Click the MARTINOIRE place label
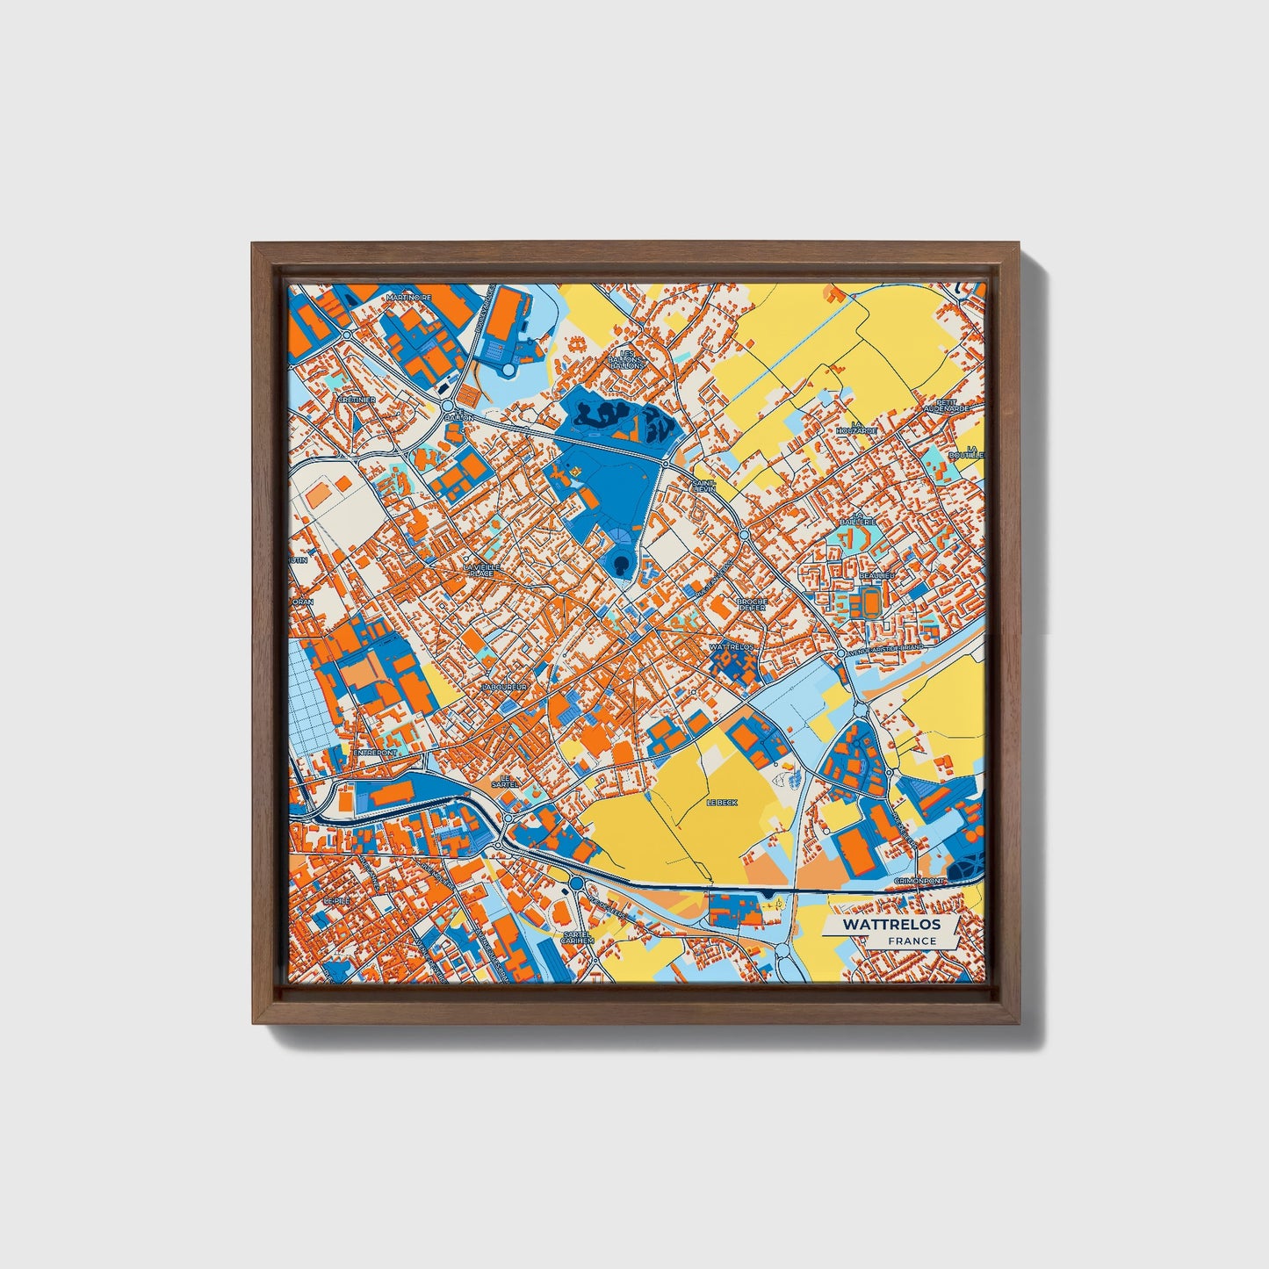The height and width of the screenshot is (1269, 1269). pos(409,298)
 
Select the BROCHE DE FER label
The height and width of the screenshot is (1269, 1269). pos(753,604)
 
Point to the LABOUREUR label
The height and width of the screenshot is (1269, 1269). pos(504,687)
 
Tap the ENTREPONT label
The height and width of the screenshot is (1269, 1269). pos(375,753)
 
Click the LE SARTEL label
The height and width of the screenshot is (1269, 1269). pos(504,780)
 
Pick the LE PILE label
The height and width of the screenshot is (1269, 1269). pos(336,901)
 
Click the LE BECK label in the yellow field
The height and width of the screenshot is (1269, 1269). pos(723,803)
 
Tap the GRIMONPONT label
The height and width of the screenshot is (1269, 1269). pos(919,880)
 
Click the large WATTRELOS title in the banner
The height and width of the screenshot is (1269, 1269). pos(891,925)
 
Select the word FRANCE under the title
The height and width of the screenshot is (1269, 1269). pos(912,941)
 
